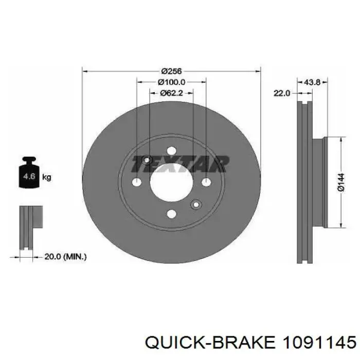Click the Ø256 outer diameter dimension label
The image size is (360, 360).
[171, 71]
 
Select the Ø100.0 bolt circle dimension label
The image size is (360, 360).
[171, 82]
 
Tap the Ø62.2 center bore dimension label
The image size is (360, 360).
[171, 93]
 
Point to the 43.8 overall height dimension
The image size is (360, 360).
[312, 82]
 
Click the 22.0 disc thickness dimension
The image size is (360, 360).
[282, 93]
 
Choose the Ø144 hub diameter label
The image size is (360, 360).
[341, 182]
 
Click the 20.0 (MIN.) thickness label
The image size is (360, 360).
[65, 257]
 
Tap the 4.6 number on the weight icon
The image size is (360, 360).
[29, 176]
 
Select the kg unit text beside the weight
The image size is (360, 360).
[47, 177]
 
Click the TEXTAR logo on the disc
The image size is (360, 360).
[180, 164]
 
